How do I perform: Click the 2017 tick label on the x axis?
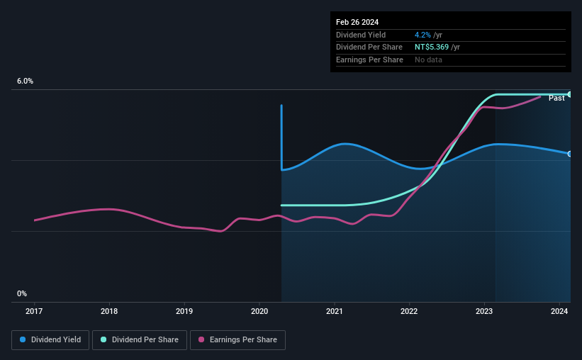point(34,310)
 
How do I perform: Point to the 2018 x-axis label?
point(109,310)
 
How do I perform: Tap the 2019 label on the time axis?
point(184,310)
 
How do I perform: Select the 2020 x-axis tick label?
point(259,310)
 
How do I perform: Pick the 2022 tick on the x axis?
point(409,310)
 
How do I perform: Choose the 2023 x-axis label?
point(484,310)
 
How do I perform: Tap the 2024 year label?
point(559,310)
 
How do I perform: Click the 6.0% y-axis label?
point(25,81)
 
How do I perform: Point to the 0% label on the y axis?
point(22,293)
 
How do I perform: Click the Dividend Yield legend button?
point(50,340)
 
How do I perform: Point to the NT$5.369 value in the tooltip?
point(432,47)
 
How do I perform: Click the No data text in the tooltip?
point(429,60)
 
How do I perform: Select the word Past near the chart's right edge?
point(556,98)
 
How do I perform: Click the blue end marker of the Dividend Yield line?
point(570,154)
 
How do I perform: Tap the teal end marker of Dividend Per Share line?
point(570,94)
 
